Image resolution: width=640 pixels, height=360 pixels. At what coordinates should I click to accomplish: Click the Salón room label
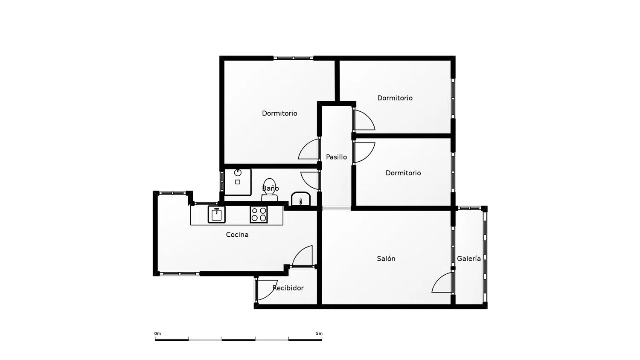coord(386,258)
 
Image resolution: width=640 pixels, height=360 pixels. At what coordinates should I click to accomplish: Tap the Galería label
coord(468,258)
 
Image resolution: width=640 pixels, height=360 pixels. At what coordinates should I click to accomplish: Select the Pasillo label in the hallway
coord(336,157)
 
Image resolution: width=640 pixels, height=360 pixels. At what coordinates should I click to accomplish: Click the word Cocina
coord(237,235)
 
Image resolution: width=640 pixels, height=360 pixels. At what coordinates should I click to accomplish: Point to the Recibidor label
coord(288,288)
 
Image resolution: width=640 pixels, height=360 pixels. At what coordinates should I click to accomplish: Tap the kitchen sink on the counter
coord(216,215)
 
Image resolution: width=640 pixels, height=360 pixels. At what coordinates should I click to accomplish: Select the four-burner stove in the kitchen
coord(259,215)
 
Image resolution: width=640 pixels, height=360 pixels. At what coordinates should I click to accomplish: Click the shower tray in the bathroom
coord(238,182)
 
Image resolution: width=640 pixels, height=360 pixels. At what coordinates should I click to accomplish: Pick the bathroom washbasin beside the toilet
coord(301,199)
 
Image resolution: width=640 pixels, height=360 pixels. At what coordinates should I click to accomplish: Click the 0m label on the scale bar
coord(157,334)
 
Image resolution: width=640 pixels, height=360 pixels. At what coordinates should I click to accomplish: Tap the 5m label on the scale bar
coord(319,334)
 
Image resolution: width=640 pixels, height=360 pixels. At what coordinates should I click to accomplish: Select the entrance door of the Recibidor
coord(265,290)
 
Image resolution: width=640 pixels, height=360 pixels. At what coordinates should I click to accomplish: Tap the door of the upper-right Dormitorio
coord(364,120)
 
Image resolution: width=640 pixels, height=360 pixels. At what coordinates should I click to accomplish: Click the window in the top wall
coord(293,58)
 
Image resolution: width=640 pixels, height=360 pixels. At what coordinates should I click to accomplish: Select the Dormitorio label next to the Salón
coord(403,173)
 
